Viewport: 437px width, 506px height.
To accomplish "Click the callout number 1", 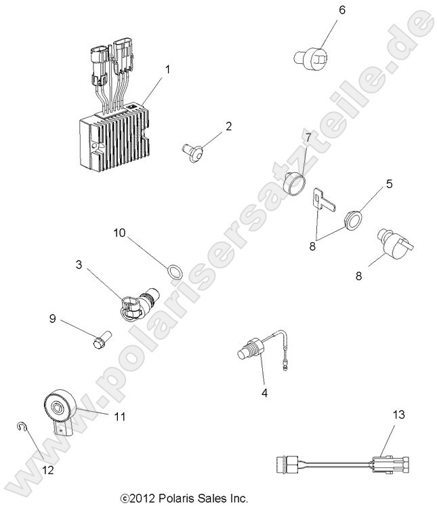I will [x=167, y=69].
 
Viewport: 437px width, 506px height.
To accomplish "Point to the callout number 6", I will [x=341, y=10].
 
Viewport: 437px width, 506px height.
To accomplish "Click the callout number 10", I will [x=119, y=233].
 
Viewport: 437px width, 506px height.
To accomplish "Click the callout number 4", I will [x=265, y=391].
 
